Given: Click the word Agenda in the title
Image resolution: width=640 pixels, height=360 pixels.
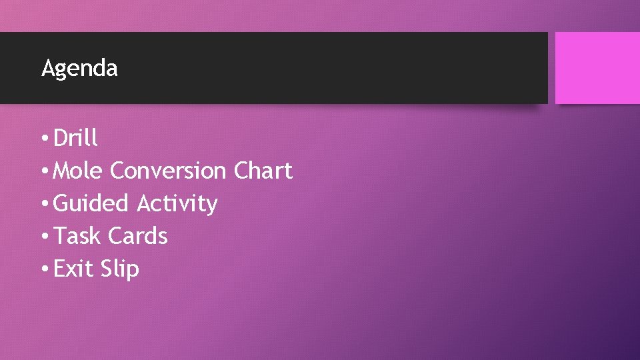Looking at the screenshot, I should pos(79,68).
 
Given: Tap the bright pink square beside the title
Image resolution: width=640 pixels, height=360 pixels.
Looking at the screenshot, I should pos(597,68).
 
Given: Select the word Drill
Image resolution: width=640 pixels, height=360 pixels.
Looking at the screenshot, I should pos(75,138).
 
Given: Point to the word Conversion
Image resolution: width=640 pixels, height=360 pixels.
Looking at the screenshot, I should pos(168,171).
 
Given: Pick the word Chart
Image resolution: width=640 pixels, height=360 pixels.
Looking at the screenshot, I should pos(263,171).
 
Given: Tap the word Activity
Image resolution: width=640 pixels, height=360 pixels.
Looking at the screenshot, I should pos(177,203).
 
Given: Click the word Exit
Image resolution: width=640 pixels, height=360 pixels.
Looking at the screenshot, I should pos(74,269).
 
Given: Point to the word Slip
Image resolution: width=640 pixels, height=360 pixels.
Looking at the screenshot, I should pos(120,269).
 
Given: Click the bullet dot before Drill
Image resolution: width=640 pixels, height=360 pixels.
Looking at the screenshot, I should pos(43,139).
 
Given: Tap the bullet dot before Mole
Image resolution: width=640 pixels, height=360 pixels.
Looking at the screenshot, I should pos(43,172).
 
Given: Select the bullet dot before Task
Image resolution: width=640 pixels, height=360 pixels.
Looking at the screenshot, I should pos(43,237).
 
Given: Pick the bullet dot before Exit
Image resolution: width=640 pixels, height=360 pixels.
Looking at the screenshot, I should pos(43,270).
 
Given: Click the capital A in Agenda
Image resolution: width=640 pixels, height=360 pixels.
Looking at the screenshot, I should pos(47,67).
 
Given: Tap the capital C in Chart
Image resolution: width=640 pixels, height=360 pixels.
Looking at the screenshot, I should pos(241,171).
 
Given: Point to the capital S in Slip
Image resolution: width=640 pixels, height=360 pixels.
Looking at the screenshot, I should pos(107,269).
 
